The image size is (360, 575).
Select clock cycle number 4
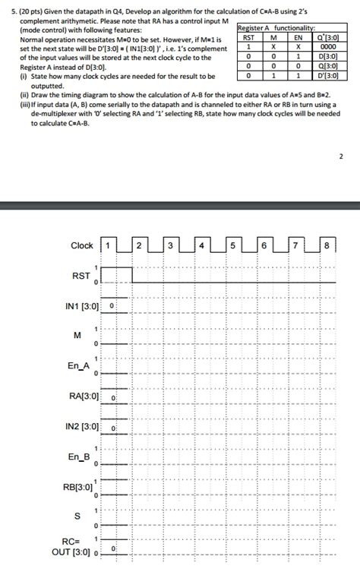(201, 245)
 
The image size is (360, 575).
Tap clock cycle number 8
(325, 245)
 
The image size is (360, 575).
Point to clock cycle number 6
(263, 245)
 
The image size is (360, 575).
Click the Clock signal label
(82, 245)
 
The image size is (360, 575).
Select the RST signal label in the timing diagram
(81, 276)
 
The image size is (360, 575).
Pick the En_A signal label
(78, 366)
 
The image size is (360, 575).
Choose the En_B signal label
(79, 457)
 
